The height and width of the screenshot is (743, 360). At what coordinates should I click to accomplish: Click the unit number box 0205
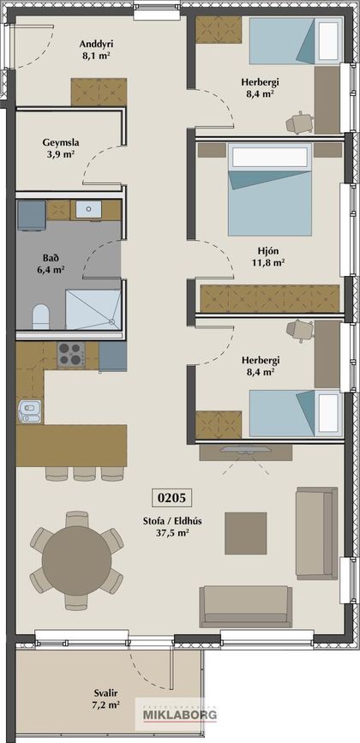pos(171,498)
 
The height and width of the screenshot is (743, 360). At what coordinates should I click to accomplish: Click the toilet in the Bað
pos(42,316)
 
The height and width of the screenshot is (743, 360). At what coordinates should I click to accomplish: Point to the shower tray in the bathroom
pos(93,309)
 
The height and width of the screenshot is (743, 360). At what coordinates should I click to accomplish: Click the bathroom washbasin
pos(87,209)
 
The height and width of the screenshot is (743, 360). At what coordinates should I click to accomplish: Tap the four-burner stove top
pos(71,355)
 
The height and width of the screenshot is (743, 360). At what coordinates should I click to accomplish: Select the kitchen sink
pos(29,411)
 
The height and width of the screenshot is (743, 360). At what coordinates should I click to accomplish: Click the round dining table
pos(77,560)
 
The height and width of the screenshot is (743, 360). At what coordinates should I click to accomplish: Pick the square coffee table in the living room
pos(245,533)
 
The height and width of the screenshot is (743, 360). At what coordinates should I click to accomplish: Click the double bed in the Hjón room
pos(269,189)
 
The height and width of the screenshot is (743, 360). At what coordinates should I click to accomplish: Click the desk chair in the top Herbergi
pos(299,123)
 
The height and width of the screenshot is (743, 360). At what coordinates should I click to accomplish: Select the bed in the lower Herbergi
pos(296,413)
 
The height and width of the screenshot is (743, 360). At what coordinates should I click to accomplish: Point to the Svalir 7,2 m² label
pos(105,699)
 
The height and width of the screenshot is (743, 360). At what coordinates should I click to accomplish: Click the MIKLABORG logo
pos(179,715)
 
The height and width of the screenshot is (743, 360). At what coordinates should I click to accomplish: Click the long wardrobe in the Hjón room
pos(269,298)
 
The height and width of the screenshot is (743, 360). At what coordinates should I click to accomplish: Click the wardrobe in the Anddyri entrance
pos(99,92)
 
